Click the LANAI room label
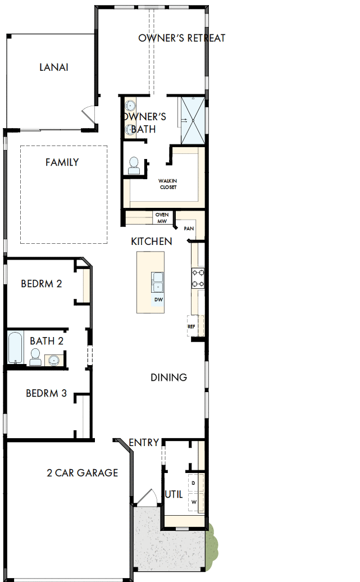pyautogui.click(x=54, y=67)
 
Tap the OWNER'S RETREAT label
pyautogui.click(x=182, y=38)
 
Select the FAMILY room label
pyautogui.click(x=62, y=162)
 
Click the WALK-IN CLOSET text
pyautogui.click(x=167, y=184)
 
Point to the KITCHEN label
pyautogui.click(x=151, y=241)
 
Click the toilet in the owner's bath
pyautogui.click(x=134, y=165)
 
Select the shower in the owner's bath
pyautogui.click(x=193, y=120)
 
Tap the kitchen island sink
pyautogui.click(x=157, y=282)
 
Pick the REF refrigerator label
pyautogui.click(x=191, y=326)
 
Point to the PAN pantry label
pyautogui.click(x=189, y=229)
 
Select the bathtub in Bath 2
pyautogui.click(x=14, y=348)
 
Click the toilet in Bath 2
pyautogui.click(x=35, y=356)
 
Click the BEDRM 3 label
pyautogui.click(x=46, y=393)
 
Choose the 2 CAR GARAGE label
pyautogui.click(x=82, y=472)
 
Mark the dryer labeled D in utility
pyautogui.click(x=194, y=483)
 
